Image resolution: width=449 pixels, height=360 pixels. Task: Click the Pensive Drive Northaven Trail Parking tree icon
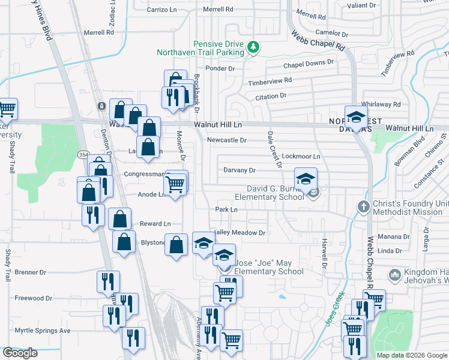coord(254,46)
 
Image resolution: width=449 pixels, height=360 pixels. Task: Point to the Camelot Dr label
coord(328,33)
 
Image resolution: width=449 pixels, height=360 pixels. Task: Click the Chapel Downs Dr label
coord(309,62)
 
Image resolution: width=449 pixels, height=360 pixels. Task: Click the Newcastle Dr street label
coord(226,140)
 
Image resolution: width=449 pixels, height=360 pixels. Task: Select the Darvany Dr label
coord(240,170)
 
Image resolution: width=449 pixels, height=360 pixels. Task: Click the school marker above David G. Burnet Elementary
coord(306,179)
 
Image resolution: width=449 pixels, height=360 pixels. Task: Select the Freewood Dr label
coord(34,298)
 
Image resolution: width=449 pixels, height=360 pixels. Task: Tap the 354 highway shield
coord(83,155)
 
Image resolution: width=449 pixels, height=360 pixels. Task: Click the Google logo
coord(20,353)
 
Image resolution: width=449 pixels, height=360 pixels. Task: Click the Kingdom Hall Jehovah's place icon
coord(395,275)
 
